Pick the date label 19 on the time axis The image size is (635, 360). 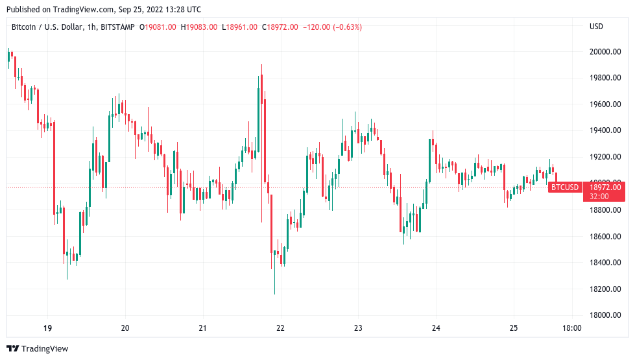[47, 328]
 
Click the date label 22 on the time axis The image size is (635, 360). [280, 328]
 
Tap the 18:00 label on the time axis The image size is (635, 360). [571, 328]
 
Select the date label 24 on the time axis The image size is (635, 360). [436, 328]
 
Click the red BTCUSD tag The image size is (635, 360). [564, 187]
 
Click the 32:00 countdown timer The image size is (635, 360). [599, 196]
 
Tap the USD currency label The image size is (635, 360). [596, 27]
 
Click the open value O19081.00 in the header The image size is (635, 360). [156, 27]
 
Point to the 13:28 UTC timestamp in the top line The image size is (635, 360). [179, 9]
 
